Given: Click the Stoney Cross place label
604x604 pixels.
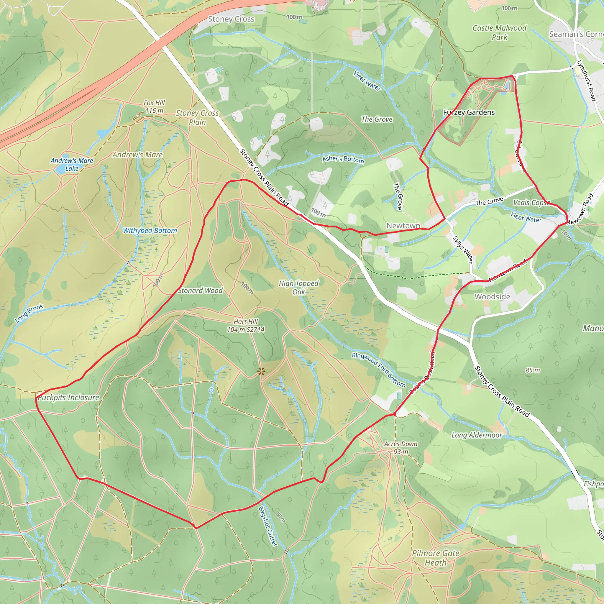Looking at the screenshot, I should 231,19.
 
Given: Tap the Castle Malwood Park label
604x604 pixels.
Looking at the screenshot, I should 499,32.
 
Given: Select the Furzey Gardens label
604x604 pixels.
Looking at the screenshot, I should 469,112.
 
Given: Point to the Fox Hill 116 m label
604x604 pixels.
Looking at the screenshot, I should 154,106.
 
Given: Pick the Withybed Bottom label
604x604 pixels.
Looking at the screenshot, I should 150,230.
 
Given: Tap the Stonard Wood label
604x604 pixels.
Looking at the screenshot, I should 200,290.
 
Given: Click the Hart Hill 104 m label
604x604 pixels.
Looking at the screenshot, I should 246,326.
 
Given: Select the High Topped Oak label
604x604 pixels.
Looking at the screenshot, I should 298,287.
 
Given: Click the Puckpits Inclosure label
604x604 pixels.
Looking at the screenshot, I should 68,397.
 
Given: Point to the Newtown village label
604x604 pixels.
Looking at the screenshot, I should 403,225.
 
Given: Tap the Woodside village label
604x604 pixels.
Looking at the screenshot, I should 493,296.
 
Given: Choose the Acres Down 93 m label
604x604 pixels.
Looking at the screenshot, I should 401,448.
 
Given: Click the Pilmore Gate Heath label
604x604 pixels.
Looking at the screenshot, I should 436,558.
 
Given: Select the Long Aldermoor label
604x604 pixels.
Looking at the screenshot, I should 477,435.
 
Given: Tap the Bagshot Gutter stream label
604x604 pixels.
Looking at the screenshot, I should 268,526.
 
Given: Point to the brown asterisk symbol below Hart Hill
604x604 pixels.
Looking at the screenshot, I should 261,372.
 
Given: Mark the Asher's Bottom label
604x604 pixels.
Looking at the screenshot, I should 343,159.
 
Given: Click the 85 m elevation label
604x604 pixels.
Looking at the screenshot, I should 532,370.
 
